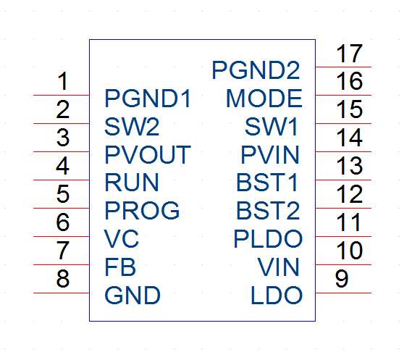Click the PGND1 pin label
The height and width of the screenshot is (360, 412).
coord(148,99)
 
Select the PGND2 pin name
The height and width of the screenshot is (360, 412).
coord(256,70)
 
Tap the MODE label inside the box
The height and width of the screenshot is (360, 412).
coord(264,99)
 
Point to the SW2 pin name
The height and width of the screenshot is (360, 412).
coord(132,127)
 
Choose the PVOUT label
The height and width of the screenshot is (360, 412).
coord(148,155)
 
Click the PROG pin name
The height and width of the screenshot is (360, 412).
coord(142,210)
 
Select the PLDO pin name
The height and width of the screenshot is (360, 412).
coord(268,238)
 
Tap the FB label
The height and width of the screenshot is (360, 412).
coord(120,267)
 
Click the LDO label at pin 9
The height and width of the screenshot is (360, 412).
coord(277,296)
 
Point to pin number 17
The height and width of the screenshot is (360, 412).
coord(350,54)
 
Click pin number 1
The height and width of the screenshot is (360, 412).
coord(63,81)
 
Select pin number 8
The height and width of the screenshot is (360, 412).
coord(63,278)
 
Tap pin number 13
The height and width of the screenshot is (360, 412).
coord(350,166)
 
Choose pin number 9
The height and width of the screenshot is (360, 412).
coord(342,278)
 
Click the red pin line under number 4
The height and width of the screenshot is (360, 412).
coord(62,180)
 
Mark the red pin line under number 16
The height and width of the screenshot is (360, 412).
coord(343,95)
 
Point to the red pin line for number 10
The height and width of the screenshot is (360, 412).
coord(343,264)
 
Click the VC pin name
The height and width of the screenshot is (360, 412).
coord(122,238)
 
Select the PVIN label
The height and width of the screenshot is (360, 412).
coord(270,155)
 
